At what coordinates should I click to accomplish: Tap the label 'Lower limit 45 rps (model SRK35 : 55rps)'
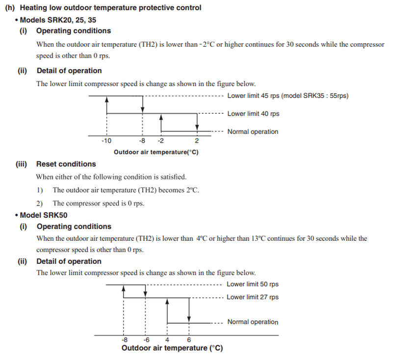point(287,96)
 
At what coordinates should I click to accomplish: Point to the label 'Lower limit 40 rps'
point(253,114)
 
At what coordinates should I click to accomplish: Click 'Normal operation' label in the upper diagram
point(253,131)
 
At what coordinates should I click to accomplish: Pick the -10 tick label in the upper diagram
point(106,141)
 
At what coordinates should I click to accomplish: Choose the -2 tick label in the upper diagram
point(160,141)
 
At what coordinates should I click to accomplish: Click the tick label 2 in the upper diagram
point(197,141)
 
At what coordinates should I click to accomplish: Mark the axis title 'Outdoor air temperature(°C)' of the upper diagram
point(156,152)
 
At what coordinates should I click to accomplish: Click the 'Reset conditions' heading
point(66,164)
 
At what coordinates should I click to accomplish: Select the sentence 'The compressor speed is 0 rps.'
point(98,203)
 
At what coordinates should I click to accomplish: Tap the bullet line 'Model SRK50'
point(44,215)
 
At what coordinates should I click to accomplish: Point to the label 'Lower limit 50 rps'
point(253,284)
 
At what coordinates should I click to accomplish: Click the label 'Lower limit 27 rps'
point(253,297)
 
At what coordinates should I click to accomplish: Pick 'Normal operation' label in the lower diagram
point(253,322)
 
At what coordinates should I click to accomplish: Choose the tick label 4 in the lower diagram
point(167,339)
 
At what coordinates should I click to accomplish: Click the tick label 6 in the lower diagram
point(189,339)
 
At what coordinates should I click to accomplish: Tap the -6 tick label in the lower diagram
point(146,339)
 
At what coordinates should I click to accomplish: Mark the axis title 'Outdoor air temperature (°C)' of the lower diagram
point(172,348)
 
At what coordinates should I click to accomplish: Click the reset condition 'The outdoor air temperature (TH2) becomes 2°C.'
point(126,190)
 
